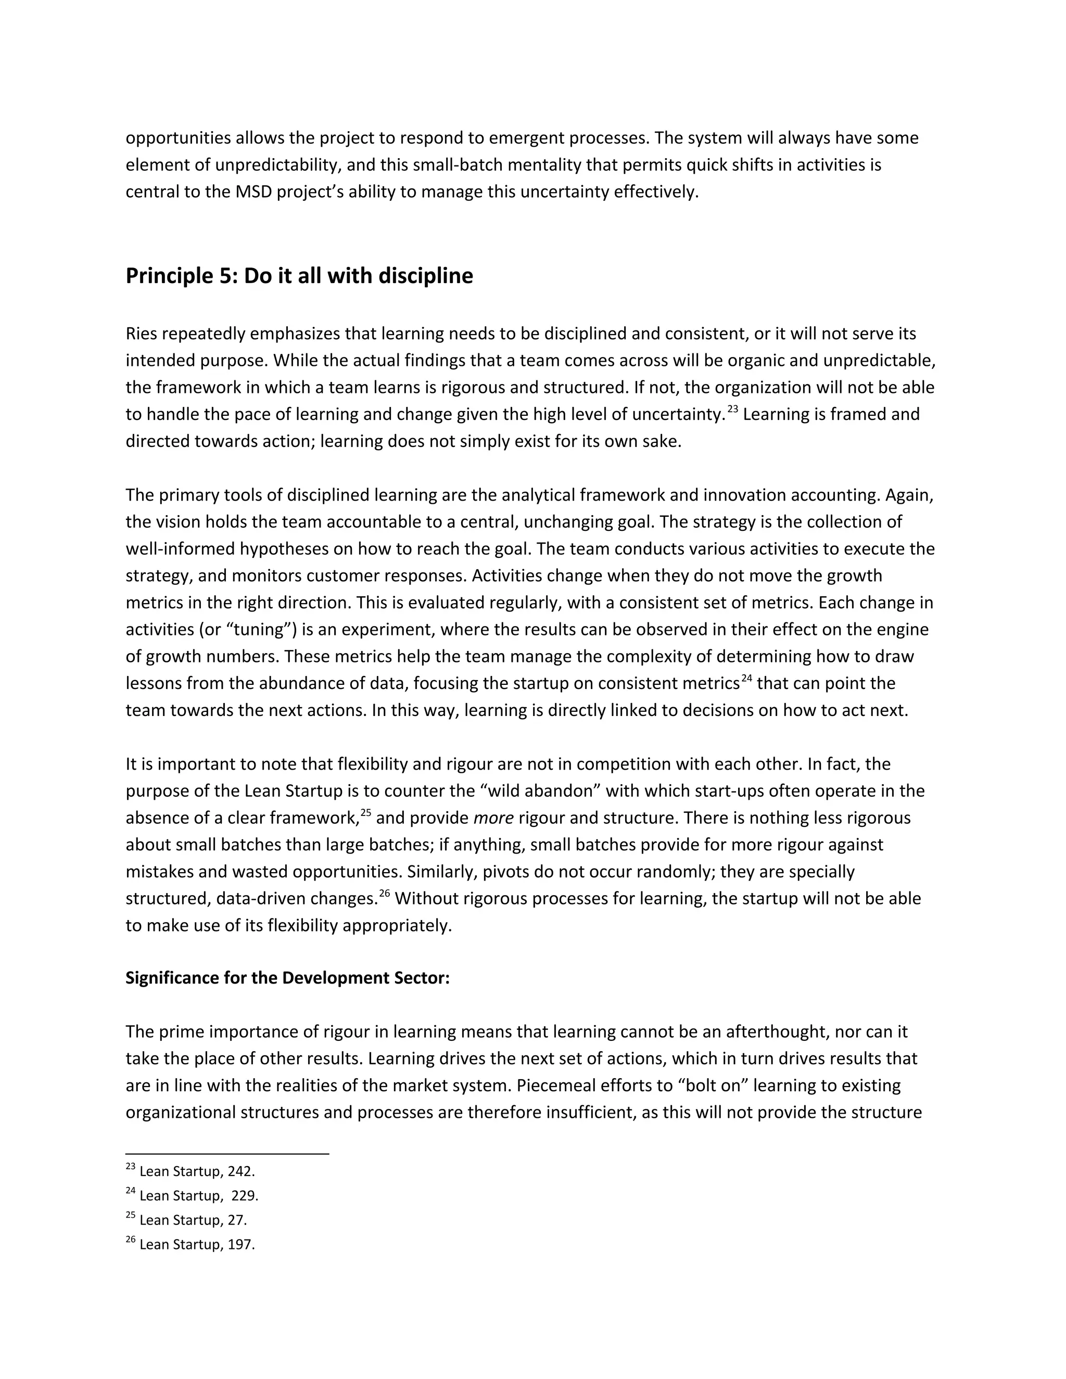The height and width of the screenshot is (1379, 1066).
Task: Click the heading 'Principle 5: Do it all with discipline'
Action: pos(299,276)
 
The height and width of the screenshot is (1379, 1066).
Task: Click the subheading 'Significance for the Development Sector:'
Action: pos(287,978)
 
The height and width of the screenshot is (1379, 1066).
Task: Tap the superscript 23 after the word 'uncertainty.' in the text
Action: pos(732,409)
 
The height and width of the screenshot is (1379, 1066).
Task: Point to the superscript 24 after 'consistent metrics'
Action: pos(746,678)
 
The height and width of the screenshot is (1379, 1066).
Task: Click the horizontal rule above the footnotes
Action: pos(227,1154)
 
